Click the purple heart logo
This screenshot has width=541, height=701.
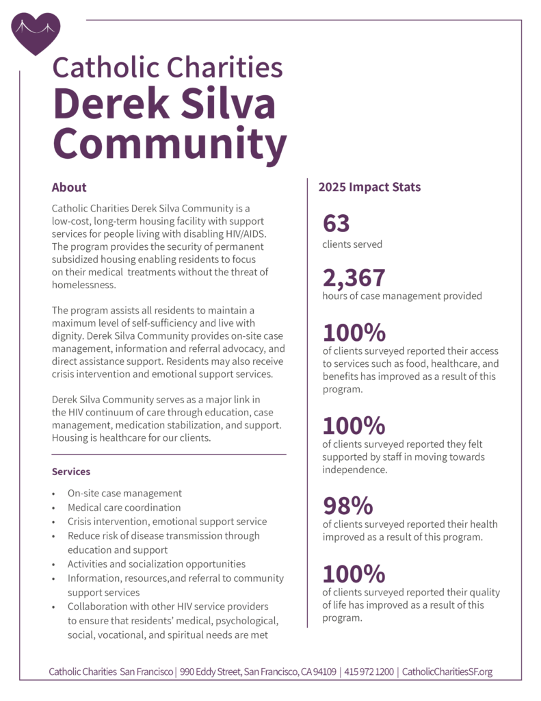tap(36, 32)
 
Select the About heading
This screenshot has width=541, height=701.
tap(69, 188)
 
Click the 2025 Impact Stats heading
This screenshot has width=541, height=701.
tap(369, 187)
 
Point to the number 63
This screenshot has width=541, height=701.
tap(336, 223)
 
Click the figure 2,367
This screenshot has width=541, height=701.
tap(354, 277)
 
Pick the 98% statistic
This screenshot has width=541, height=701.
tap(347, 506)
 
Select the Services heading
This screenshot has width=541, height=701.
tap(71, 472)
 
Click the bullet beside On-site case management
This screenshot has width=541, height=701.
tap(54, 494)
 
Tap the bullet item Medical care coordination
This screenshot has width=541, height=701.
tap(124, 507)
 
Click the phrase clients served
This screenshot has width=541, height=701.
tap(352, 244)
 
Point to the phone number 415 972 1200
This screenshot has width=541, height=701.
tap(369, 672)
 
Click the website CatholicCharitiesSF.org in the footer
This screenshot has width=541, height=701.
tap(447, 672)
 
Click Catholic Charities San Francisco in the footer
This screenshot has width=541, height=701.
tap(111, 672)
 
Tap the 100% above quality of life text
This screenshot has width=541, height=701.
tap(354, 574)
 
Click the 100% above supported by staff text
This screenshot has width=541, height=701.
tap(354, 426)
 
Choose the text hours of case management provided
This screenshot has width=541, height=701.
tap(402, 296)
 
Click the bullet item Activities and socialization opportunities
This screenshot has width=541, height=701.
tap(156, 564)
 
